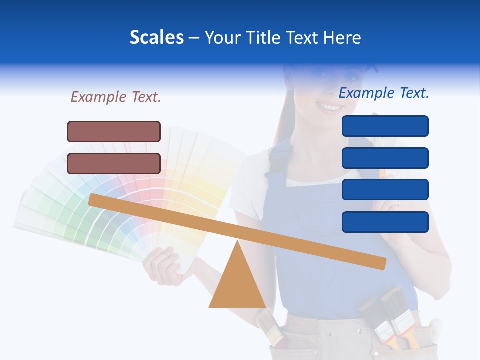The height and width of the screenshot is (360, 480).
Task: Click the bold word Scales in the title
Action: point(156,38)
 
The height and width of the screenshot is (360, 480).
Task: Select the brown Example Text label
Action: point(116,97)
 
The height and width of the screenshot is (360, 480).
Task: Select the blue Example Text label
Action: point(384,93)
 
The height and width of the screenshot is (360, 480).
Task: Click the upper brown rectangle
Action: point(114,131)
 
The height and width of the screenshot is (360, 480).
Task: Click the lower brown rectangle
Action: point(114,163)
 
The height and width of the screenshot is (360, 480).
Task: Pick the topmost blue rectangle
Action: point(385,126)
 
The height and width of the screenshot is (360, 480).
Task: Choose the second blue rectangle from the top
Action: point(385,158)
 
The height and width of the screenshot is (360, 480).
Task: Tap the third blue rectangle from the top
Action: point(385,190)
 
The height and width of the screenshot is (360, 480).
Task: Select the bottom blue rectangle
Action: point(385,222)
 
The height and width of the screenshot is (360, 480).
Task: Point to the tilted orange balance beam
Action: point(237,229)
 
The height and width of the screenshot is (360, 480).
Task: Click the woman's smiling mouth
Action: point(329,107)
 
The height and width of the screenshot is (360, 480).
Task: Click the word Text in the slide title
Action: point(303,38)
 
